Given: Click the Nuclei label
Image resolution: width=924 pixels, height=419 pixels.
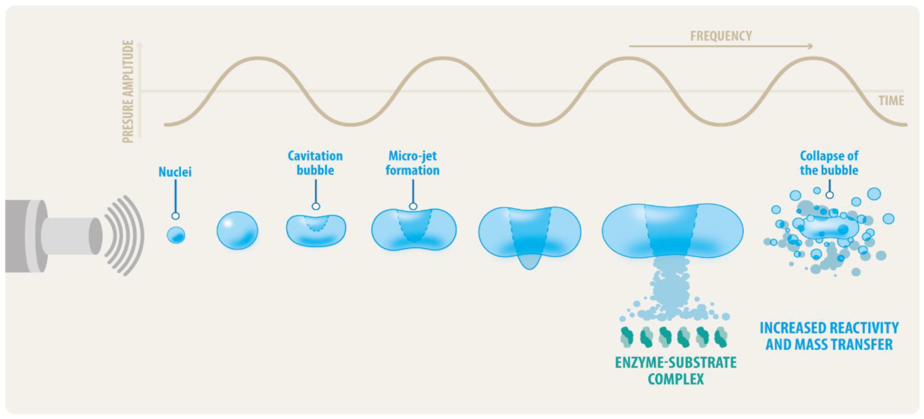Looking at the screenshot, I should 175,172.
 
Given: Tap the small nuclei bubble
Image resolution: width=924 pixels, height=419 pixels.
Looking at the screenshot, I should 176,236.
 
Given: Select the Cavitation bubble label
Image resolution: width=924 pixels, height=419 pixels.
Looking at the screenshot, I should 315,163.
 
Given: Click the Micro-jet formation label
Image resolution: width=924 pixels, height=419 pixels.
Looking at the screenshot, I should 412,163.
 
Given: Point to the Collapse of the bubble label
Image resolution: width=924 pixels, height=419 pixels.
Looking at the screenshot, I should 829,163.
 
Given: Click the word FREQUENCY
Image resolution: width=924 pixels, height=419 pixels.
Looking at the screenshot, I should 721,36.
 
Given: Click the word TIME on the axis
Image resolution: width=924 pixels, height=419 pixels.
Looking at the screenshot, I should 891,101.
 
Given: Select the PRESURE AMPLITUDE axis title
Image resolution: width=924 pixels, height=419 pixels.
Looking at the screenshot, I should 128,91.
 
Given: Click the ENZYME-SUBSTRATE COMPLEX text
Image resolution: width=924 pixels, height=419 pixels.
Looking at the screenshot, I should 676,371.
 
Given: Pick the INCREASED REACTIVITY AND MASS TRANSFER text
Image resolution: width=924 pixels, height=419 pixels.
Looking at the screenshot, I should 829,336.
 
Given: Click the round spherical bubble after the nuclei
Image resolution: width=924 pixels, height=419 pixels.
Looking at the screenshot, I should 237,230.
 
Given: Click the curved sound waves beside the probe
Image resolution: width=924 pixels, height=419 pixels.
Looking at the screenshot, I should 125,236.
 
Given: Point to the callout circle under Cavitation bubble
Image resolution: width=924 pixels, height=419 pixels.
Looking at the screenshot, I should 316,206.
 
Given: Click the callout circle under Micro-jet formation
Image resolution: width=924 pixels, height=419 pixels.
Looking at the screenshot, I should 413,206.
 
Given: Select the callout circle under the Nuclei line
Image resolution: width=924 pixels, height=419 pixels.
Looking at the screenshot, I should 175,216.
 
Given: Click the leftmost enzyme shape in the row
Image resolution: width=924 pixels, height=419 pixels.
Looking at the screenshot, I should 628,337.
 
